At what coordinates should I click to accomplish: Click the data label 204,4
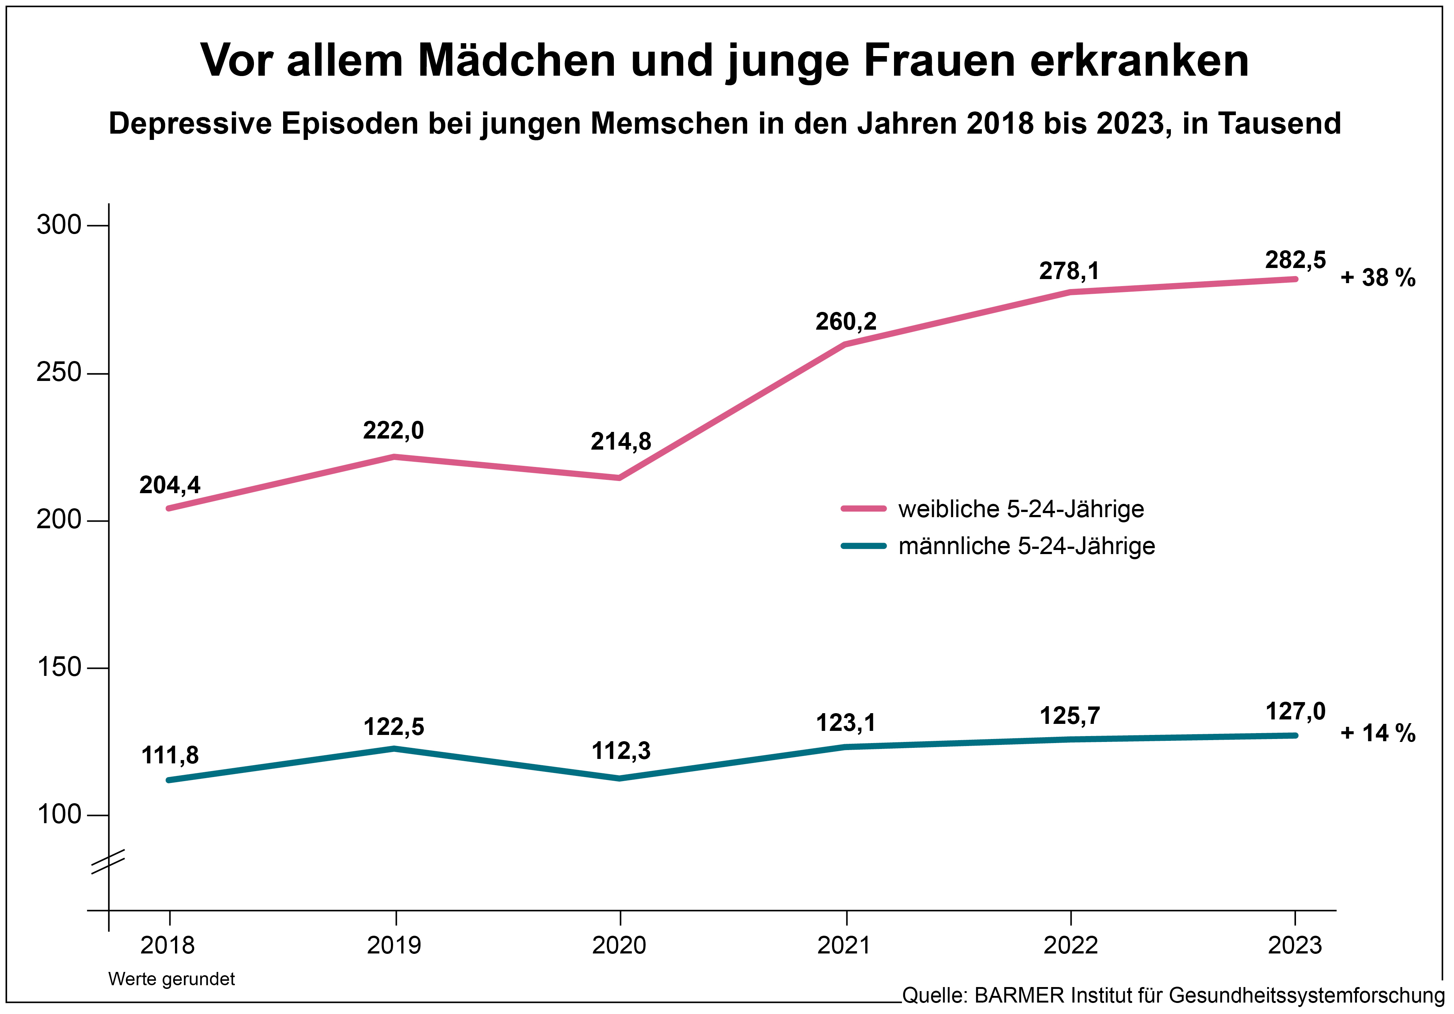(x=170, y=485)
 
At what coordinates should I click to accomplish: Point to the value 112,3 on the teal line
(x=621, y=751)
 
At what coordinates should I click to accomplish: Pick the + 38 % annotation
(x=1378, y=278)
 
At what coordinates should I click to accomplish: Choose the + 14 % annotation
(x=1378, y=733)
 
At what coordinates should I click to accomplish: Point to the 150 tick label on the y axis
(x=59, y=667)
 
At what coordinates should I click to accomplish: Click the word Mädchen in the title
(x=517, y=61)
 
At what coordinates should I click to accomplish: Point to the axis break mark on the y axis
(x=108, y=862)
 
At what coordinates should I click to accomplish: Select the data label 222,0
(x=393, y=431)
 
